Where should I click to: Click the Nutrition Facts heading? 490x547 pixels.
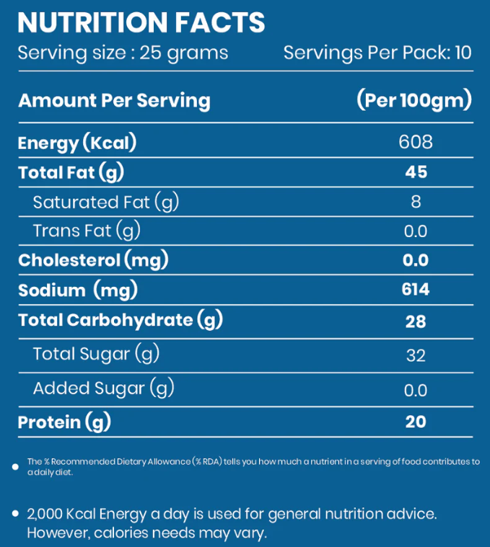tap(141, 22)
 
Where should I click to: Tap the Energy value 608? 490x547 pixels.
tap(416, 142)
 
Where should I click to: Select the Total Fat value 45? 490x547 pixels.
tap(416, 172)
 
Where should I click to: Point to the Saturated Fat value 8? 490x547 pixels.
tap(416, 202)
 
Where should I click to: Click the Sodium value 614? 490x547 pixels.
tap(416, 290)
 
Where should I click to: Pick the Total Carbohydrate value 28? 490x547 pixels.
tap(416, 321)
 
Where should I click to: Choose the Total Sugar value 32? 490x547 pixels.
tap(416, 355)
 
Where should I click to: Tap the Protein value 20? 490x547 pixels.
tap(416, 422)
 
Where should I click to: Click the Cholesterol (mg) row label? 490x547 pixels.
tap(93, 260)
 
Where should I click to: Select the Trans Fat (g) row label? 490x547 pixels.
tap(87, 231)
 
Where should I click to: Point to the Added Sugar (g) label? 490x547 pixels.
tap(104, 388)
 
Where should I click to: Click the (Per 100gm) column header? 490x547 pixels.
tap(414, 100)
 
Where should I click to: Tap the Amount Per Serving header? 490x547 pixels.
tap(114, 100)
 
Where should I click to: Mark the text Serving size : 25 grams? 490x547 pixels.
tap(123, 53)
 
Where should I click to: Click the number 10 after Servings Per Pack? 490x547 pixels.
tap(463, 53)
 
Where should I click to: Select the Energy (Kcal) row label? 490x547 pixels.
tap(77, 143)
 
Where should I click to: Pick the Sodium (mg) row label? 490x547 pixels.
tap(78, 290)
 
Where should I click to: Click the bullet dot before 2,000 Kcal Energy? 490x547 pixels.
tap(16, 514)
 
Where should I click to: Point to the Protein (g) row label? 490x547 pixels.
tap(64, 422)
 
